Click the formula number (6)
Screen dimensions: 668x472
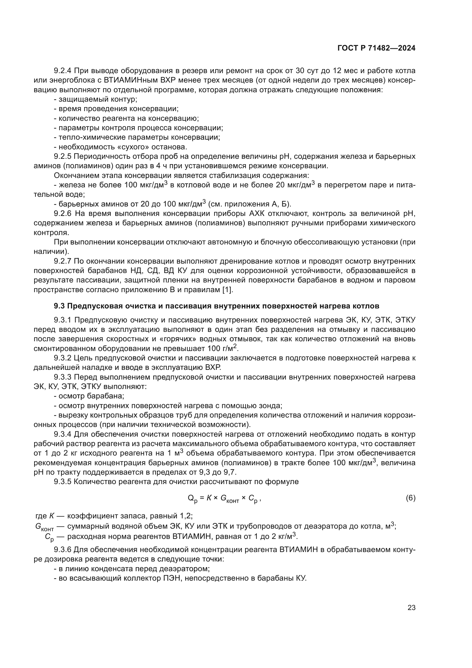[410, 498]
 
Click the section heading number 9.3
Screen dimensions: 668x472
[60, 306]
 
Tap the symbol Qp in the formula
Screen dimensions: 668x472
[193, 499]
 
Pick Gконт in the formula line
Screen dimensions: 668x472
[230, 499]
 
